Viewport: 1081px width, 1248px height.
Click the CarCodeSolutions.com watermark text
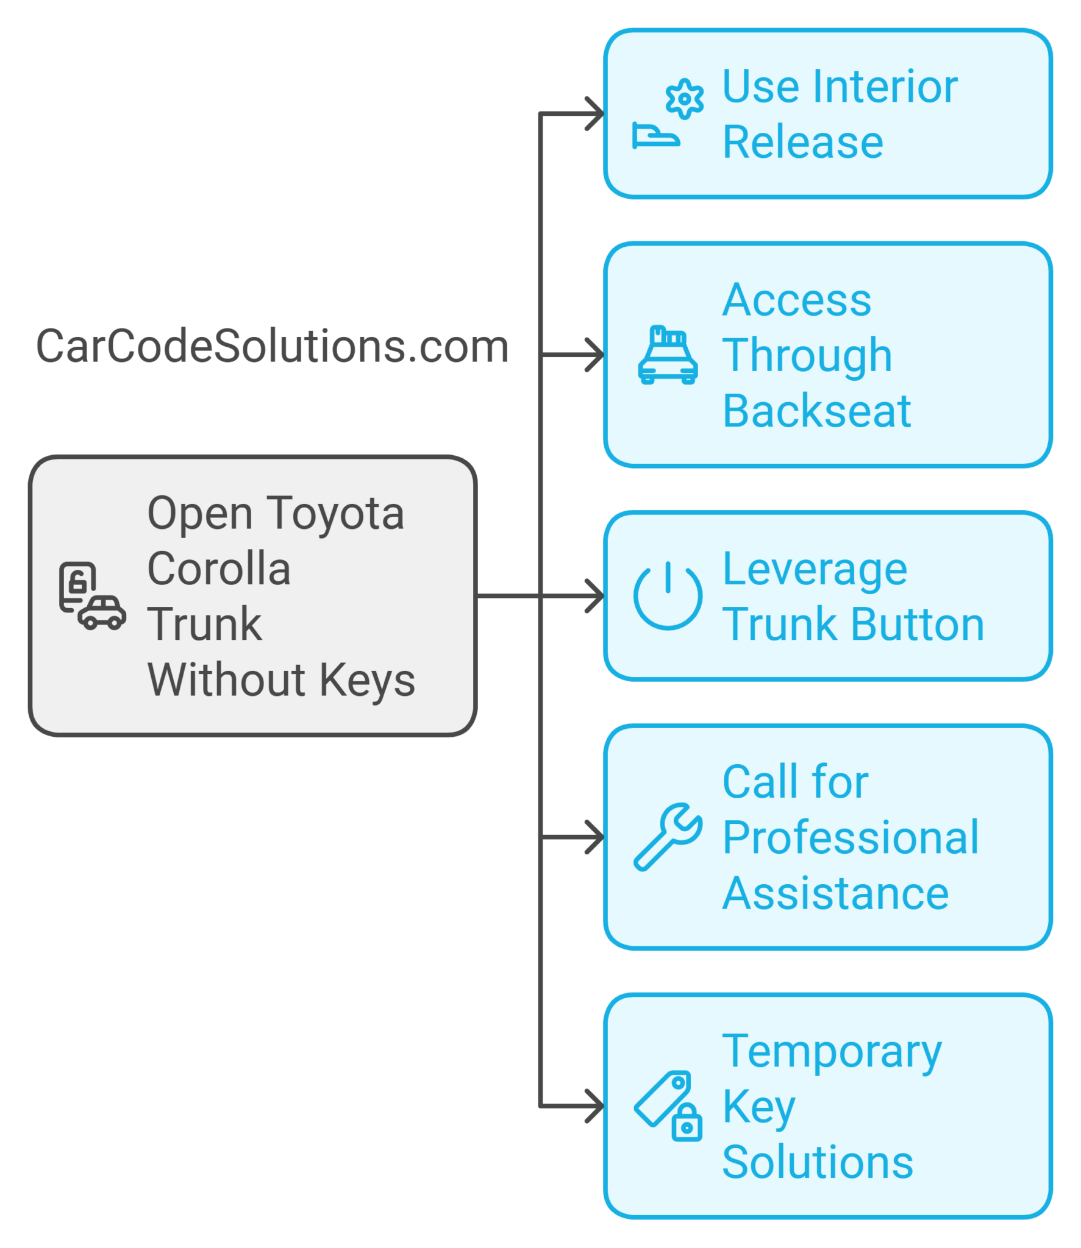click(272, 346)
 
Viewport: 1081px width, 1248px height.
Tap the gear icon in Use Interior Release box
click(684, 99)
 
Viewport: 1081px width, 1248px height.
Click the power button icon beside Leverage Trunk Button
click(668, 595)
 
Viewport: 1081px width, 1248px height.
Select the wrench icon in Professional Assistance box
click(668, 837)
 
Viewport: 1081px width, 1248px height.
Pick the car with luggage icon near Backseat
click(668, 355)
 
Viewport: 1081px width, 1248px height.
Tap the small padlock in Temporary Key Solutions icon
click(687, 1122)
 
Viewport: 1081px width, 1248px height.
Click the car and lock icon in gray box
click(91, 595)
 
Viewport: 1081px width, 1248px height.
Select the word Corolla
click(219, 569)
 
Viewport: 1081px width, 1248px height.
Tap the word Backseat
click(816, 411)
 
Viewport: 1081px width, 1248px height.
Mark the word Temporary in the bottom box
click(832, 1052)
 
